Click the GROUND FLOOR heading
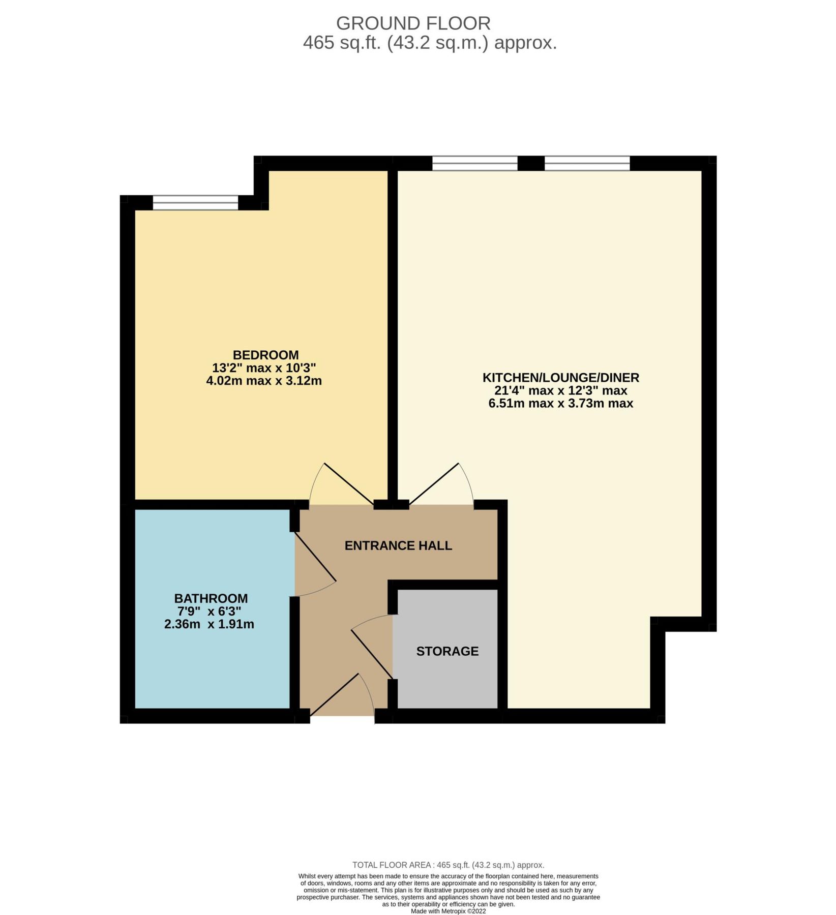click(x=413, y=23)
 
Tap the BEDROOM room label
click(x=265, y=355)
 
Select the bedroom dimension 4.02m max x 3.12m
click(x=264, y=381)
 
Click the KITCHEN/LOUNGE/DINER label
click(x=560, y=378)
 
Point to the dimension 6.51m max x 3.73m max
click(x=560, y=404)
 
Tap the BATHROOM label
click(x=211, y=598)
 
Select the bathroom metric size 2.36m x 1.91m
click(x=209, y=624)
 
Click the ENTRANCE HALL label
click(x=398, y=545)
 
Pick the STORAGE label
click(x=447, y=651)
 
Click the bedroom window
click(x=195, y=202)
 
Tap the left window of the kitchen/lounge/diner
click(x=474, y=163)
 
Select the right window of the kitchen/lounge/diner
click(x=587, y=163)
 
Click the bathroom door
click(x=315, y=564)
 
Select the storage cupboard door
click(x=371, y=648)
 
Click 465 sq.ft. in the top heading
click(x=342, y=43)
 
